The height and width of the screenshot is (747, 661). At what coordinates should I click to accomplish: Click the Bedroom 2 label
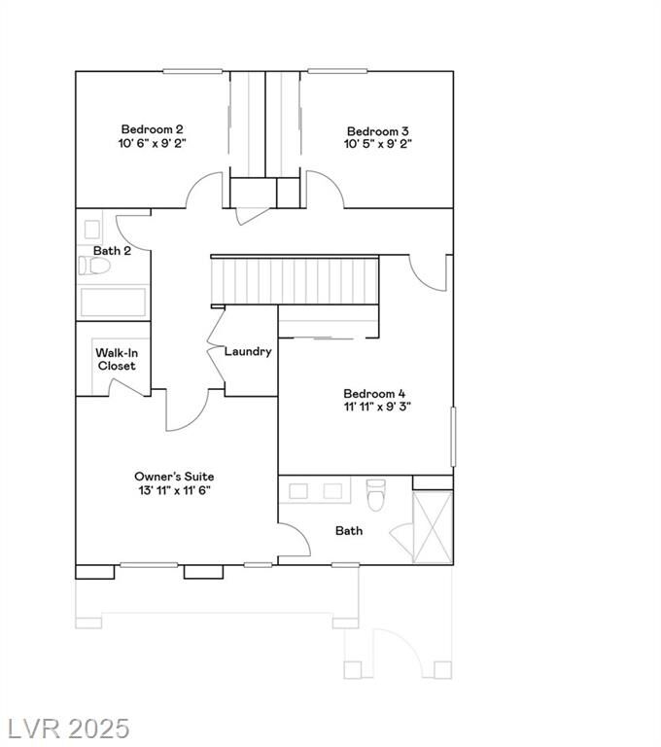point(152,129)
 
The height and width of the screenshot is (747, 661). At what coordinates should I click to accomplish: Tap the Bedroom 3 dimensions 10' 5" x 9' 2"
point(378,144)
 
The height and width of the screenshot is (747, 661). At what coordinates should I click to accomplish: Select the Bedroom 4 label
point(374,394)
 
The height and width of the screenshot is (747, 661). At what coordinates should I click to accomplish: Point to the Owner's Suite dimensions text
point(174,490)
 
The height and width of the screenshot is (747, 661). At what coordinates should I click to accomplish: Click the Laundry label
point(248,351)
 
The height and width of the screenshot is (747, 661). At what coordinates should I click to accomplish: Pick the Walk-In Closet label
point(117,359)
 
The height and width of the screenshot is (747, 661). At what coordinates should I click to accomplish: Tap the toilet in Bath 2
point(94,266)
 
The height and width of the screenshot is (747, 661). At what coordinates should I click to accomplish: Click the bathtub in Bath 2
point(113,302)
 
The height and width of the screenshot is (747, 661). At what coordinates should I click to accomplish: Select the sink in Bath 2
point(92,230)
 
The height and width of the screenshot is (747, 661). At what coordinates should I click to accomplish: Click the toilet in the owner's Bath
point(376,495)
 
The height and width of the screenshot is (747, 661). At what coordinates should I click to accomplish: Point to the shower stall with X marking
point(433,527)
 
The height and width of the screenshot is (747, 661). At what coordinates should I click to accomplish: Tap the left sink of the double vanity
point(298,491)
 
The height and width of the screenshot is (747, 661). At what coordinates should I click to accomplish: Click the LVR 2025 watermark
point(68,729)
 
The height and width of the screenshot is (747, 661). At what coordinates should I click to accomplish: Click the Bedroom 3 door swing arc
point(330,184)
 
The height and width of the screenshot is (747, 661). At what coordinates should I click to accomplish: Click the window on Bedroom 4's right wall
point(453,437)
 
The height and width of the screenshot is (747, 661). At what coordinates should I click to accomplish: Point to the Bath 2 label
point(112,251)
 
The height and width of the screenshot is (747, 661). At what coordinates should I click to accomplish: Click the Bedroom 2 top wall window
point(192,71)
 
